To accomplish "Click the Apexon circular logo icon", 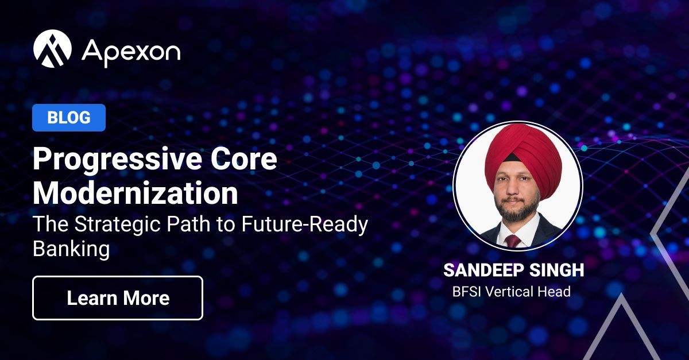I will pyautogui.click(x=52, y=49).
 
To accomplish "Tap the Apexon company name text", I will pyautogui.click(x=131, y=51).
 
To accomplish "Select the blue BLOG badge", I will pyautogui.click(x=69, y=118).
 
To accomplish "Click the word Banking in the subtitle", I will pyautogui.click(x=71, y=249).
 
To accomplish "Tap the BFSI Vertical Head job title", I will pyautogui.click(x=511, y=292).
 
